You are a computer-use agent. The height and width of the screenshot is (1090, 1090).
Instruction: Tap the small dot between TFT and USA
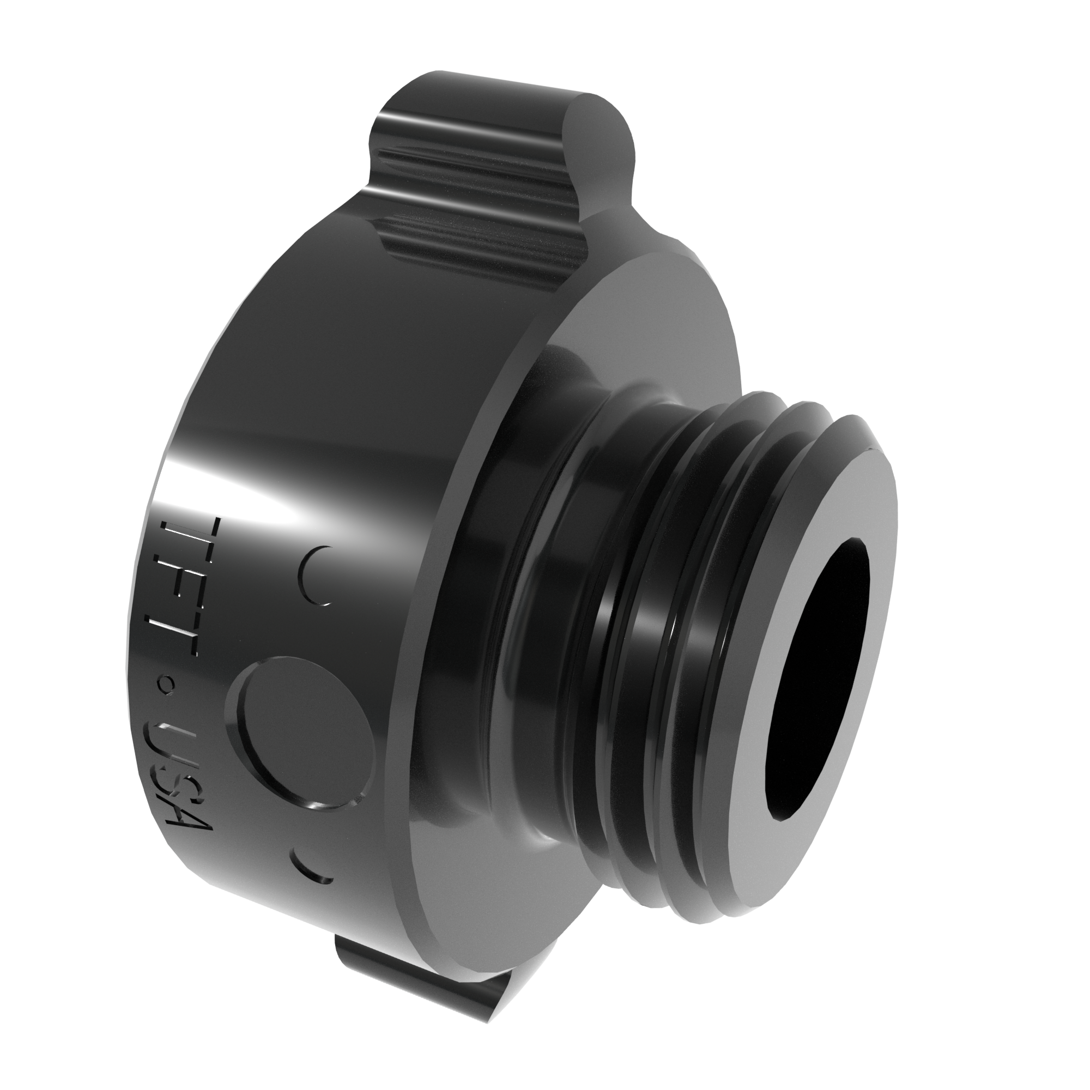coord(167,686)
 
